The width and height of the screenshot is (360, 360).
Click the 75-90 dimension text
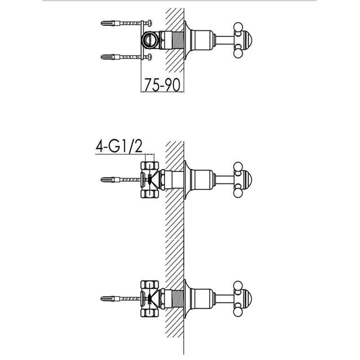pyautogui.click(x=162, y=85)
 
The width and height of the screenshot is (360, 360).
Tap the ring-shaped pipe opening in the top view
pyautogui.click(x=149, y=40)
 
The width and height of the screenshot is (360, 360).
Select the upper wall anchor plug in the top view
pyautogui.click(x=110, y=23)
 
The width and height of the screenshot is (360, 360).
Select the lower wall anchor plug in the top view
pyautogui.click(x=110, y=57)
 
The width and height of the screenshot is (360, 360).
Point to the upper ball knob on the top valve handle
pyautogui.click(x=238, y=27)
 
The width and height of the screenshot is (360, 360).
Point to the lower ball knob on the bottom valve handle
pyautogui.click(x=238, y=312)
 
